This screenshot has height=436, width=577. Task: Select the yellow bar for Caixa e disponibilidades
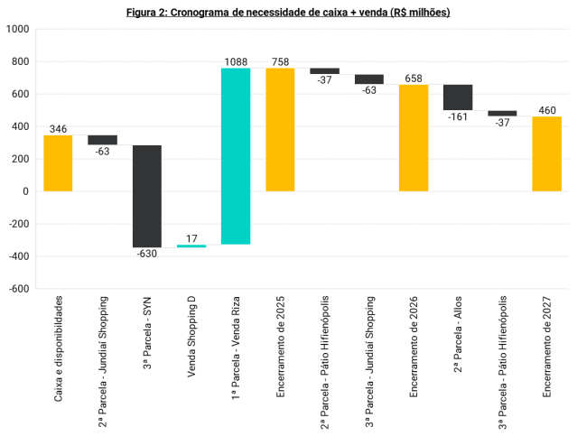click(58, 163)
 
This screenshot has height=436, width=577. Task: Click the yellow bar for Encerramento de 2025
click(280, 130)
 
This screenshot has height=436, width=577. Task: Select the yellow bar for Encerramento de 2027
click(546, 154)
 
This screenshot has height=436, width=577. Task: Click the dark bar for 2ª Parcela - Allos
click(458, 97)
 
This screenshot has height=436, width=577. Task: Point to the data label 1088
click(236, 61)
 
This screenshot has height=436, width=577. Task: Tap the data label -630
click(146, 255)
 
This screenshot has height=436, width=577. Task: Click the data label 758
click(280, 61)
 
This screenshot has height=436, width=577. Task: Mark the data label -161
click(458, 117)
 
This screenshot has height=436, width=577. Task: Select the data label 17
click(191, 238)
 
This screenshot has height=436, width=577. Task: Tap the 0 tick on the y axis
click(26, 191)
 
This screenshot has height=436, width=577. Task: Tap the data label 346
click(58, 129)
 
